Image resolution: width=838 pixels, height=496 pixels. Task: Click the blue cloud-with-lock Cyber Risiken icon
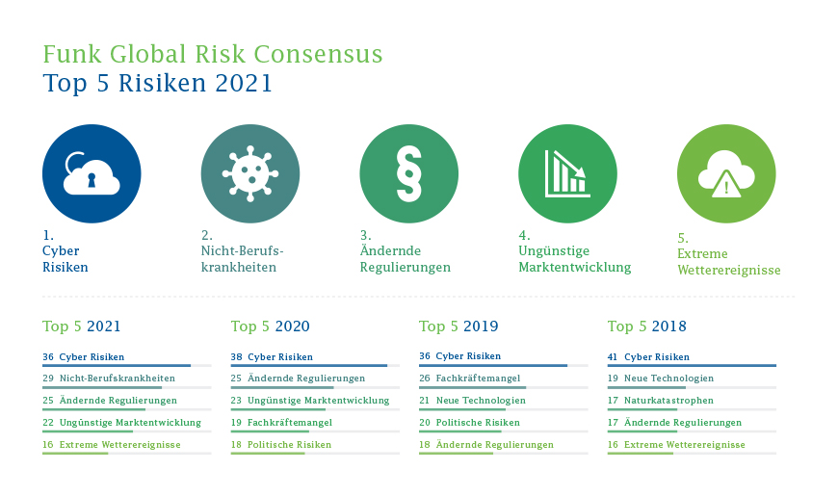click(92, 173)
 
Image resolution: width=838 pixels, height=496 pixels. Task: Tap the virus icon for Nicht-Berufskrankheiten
click(250, 173)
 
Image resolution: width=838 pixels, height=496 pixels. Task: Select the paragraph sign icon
click(408, 173)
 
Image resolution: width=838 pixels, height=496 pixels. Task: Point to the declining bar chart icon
click(567, 173)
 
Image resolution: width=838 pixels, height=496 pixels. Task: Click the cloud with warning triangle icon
click(726, 173)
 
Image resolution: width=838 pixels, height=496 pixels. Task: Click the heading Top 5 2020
click(271, 326)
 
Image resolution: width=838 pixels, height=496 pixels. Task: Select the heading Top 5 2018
click(646, 326)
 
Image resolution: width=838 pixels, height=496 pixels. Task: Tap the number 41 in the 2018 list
click(613, 356)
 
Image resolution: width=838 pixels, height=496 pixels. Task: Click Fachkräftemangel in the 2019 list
click(478, 378)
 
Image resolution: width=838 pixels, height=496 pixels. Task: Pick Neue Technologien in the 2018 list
click(668, 379)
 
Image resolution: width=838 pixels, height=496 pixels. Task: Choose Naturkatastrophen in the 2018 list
click(668, 401)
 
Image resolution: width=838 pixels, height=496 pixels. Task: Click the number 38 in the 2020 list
click(236, 356)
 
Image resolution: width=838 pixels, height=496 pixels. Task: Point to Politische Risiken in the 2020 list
click(289, 445)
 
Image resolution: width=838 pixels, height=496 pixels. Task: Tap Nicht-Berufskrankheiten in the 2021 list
click(118, 379)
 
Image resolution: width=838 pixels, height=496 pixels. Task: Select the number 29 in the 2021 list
click(48, 379)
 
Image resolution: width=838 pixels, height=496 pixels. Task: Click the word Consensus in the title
click(318, 54)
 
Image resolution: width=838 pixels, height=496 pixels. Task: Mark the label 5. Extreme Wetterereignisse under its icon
click(729, 254)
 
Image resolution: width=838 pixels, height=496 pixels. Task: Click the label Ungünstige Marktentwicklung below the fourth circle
click(574, 259)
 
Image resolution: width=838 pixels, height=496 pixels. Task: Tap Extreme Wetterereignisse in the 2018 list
click(685, 445)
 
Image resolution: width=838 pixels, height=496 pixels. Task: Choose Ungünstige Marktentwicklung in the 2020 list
click(319, 401)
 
